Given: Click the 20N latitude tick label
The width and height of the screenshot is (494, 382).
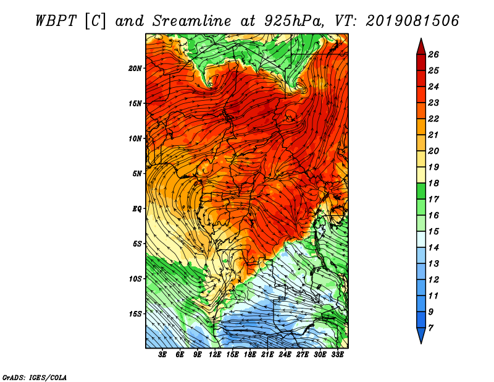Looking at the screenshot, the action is point(135,69).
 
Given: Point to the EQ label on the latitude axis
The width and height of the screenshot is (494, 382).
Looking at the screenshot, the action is point(137,209).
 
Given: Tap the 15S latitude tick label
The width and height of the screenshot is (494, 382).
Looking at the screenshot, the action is point(135,314).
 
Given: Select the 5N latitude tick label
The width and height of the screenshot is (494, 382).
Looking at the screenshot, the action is point(137,174).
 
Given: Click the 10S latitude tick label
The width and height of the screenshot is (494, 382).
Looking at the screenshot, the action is point(135,279).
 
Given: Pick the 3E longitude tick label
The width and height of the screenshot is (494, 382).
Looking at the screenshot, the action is point(162,355).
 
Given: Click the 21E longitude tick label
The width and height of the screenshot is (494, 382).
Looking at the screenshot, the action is point(267,355).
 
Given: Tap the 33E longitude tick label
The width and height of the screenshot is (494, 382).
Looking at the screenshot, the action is point(337,355).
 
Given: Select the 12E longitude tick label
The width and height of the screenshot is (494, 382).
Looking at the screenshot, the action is point(215,355).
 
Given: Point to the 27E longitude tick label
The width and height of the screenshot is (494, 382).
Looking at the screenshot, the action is point(303,355).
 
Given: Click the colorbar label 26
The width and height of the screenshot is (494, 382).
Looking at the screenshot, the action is point(433,54).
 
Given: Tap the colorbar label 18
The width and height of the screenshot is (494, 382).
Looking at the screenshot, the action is point(433,183).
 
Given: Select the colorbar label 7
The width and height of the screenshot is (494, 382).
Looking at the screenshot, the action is point(430,328).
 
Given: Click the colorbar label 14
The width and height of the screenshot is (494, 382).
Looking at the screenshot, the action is point(433,248).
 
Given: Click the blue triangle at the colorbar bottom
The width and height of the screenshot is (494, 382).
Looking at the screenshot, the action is point(421,335).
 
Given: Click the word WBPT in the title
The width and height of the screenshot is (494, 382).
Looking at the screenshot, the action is point(56,21).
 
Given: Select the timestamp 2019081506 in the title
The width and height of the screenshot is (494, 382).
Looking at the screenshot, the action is point(412,21).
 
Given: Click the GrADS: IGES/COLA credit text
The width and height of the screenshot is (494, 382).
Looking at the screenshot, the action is point(35,378).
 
